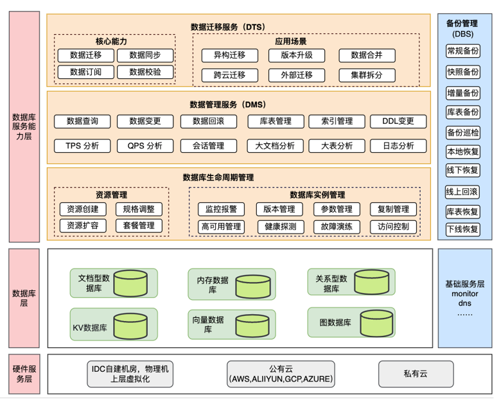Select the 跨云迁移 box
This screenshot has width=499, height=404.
pyautogui.click(x=229, y=75)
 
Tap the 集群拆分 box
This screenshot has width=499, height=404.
pyautogui.click(x=367, y=75)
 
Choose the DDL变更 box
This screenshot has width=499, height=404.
pyautogui.click(x=398, y=121)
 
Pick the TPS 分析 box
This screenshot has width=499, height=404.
pyautogui.click(x=82, y=146)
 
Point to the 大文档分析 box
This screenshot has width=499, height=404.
pyautogui.click(x=274, y=146)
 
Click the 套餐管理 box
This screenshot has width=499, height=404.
pyautogui.click(x=139, y=226)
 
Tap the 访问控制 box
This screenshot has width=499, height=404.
pyautogui.click(x=393, y=226)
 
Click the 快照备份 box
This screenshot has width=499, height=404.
pyautogui.click(x=462, y=72)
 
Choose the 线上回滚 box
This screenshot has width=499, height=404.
pyautogui.click(x=462, y=191)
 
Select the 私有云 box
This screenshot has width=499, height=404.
pyautogui.click(x=415, y=373)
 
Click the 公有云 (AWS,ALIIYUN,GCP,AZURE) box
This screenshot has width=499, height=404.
pyautogui.click(x=281, y=374)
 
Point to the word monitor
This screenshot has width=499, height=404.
pyautogui.click(x=465, y=293)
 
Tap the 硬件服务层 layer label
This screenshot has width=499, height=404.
pyautogui.click(x=24, y=374)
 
